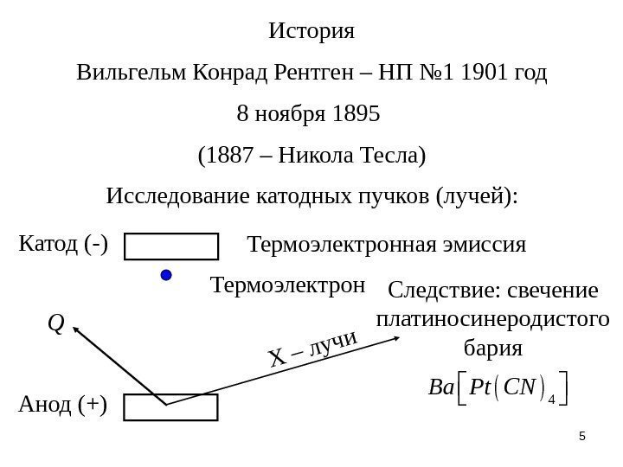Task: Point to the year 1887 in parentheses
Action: (227, 157)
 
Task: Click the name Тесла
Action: (392, 157)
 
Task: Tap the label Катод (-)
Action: (63, 245)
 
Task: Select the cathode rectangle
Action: (171, 246)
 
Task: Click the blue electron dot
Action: (167, 275)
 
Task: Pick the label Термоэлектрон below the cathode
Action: (288, 285)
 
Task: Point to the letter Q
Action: (56, 323)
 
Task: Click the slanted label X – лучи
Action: (312, 350)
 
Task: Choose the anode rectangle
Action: (171, 406)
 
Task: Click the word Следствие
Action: (439, 288)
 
